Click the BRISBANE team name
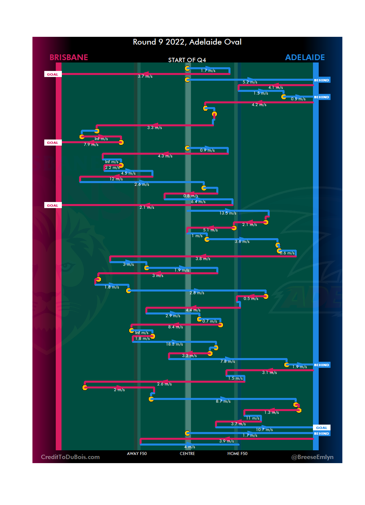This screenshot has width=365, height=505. point(69,57)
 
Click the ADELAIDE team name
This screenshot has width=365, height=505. point(305,57)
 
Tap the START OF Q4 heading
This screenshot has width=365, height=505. point(187,60)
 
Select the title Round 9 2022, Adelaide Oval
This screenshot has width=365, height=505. point(187,42)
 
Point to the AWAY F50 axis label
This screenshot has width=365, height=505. point(137,454)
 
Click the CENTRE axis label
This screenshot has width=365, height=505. point(187,454)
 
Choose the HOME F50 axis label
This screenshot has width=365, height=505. point(237,454)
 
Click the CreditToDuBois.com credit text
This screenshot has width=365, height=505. point(70,457)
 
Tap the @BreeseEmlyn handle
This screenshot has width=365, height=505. point(312,457)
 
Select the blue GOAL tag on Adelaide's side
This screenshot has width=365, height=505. point(321,428)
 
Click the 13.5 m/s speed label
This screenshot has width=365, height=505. point(228,213)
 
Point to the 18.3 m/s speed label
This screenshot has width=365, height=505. point(174,344)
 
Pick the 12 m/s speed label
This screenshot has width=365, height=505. point(116,179)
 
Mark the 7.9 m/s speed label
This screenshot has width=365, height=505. point(91,145)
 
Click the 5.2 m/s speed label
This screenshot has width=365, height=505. point(250,82)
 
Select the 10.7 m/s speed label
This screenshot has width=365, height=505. point(264,430)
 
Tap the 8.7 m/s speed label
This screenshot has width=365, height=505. point(223,401)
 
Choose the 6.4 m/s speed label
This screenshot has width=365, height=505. point(198,202)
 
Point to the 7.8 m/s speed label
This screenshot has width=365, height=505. point(227,361)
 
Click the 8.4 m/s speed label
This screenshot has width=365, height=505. point(175,327)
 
